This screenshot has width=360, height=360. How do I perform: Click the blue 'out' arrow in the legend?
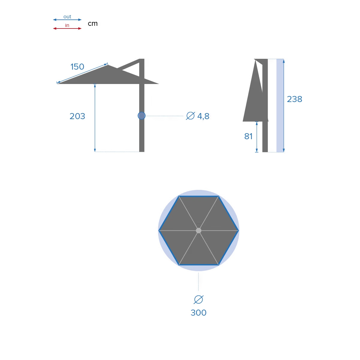click(67, 19)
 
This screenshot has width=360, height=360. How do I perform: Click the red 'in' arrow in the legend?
click(67, 28)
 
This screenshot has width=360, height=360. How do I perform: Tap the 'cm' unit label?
click(93, 24)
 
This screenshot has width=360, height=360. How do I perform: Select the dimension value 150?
click(77, 67)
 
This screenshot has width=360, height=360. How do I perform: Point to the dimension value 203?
click(77, 116)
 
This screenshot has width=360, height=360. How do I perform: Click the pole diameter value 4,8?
click(203, 116)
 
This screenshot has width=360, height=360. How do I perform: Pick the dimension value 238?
click(294, 99)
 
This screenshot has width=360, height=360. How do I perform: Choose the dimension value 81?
click(248, 136)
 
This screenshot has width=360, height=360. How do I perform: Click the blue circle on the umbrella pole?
click(142, 115)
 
